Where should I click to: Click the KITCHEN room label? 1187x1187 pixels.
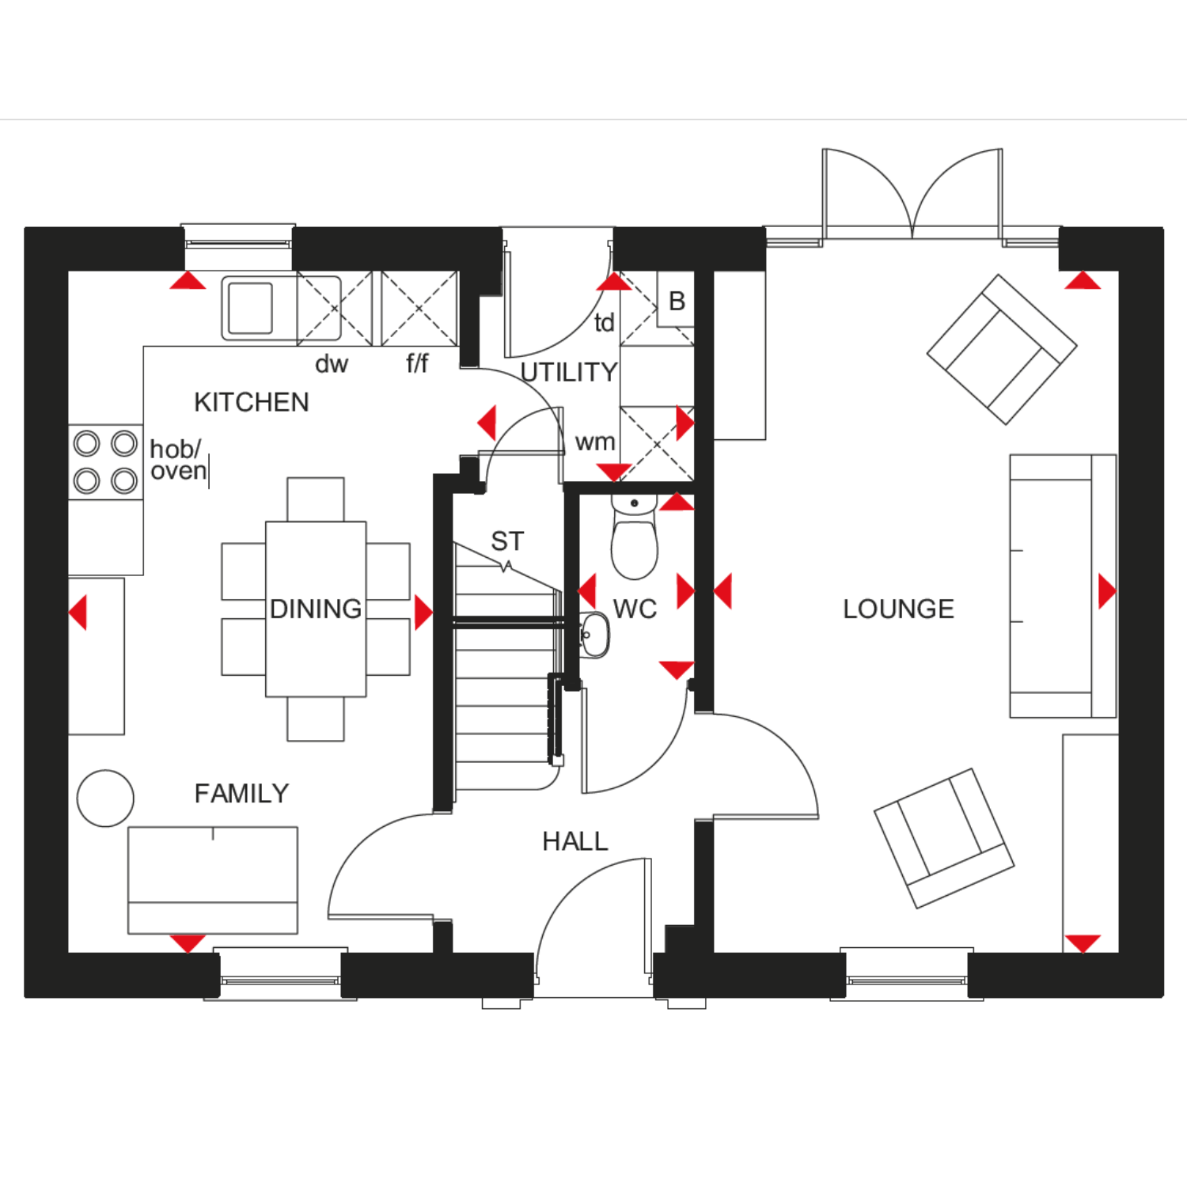point(252,402)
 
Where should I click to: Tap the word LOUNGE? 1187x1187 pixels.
point(898,609)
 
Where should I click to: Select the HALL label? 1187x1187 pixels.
point(575,841)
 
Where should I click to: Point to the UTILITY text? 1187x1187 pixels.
point(569,372)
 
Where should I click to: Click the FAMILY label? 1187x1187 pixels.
point(241,793)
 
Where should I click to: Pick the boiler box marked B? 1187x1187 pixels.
point(676,301)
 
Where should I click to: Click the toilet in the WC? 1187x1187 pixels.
point(635,537)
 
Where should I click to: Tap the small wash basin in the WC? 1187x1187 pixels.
point(593,635)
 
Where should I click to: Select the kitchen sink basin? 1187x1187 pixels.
point(250,307)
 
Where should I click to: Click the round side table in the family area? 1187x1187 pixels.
point(105,798)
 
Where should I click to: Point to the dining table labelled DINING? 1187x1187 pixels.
point(316,609)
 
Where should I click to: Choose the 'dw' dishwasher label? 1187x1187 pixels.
point(332,364)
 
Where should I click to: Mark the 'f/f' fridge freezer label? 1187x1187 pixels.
point(417,363)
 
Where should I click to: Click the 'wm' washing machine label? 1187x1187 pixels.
point(595,442)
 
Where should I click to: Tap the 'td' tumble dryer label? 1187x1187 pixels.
point(604,322)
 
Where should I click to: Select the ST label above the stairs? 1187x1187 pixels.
point(507,541)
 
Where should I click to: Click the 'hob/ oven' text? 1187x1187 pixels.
point(178,460)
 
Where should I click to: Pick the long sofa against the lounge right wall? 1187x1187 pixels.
point(1063,586)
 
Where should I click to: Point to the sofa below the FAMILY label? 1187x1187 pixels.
point(213,880)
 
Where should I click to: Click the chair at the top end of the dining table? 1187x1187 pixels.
point(316,499)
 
